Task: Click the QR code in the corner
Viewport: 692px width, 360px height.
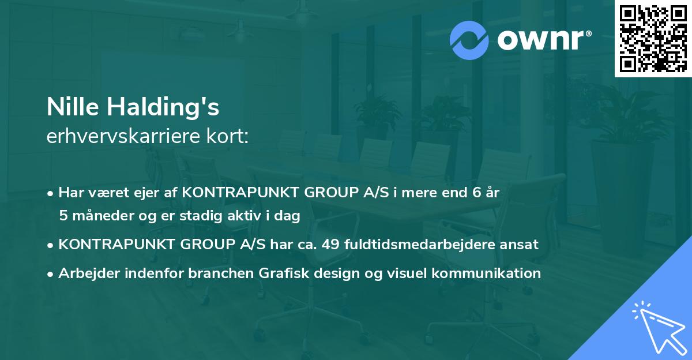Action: click(x=653, y=39)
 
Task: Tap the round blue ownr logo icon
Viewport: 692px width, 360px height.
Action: click(x=469, y=40)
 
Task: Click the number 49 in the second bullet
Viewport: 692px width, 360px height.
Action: click(x=331, y=245)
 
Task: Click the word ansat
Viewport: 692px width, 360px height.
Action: click(x=521, y=245)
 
